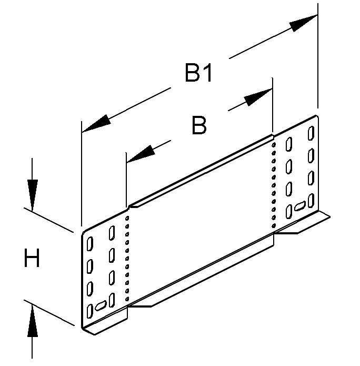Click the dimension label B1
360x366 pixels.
tap(198, 74)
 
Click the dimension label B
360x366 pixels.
tap(198, 126)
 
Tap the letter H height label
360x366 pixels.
tap(32, 259)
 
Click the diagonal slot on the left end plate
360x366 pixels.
tap(101, 304)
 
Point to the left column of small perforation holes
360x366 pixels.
tap(126, 258)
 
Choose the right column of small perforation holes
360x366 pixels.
tap(273, 179)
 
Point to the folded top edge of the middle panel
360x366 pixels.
tap(200, 171)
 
